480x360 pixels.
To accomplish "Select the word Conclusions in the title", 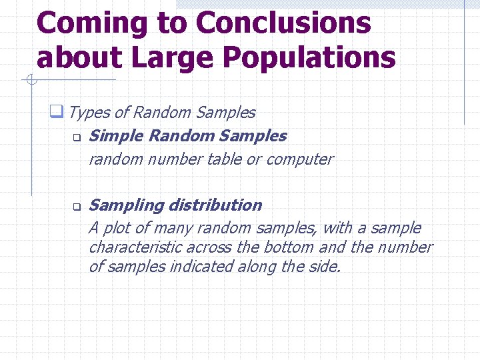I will (x=283, y=23).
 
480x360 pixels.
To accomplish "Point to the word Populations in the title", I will (x=309, y=57).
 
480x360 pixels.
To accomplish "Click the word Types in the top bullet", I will (x=85, y=113).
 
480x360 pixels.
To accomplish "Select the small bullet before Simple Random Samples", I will (x=76, y=138).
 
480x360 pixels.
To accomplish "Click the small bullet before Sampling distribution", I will (x=76, y=207).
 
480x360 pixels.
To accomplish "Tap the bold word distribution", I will (x=215, y=205).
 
